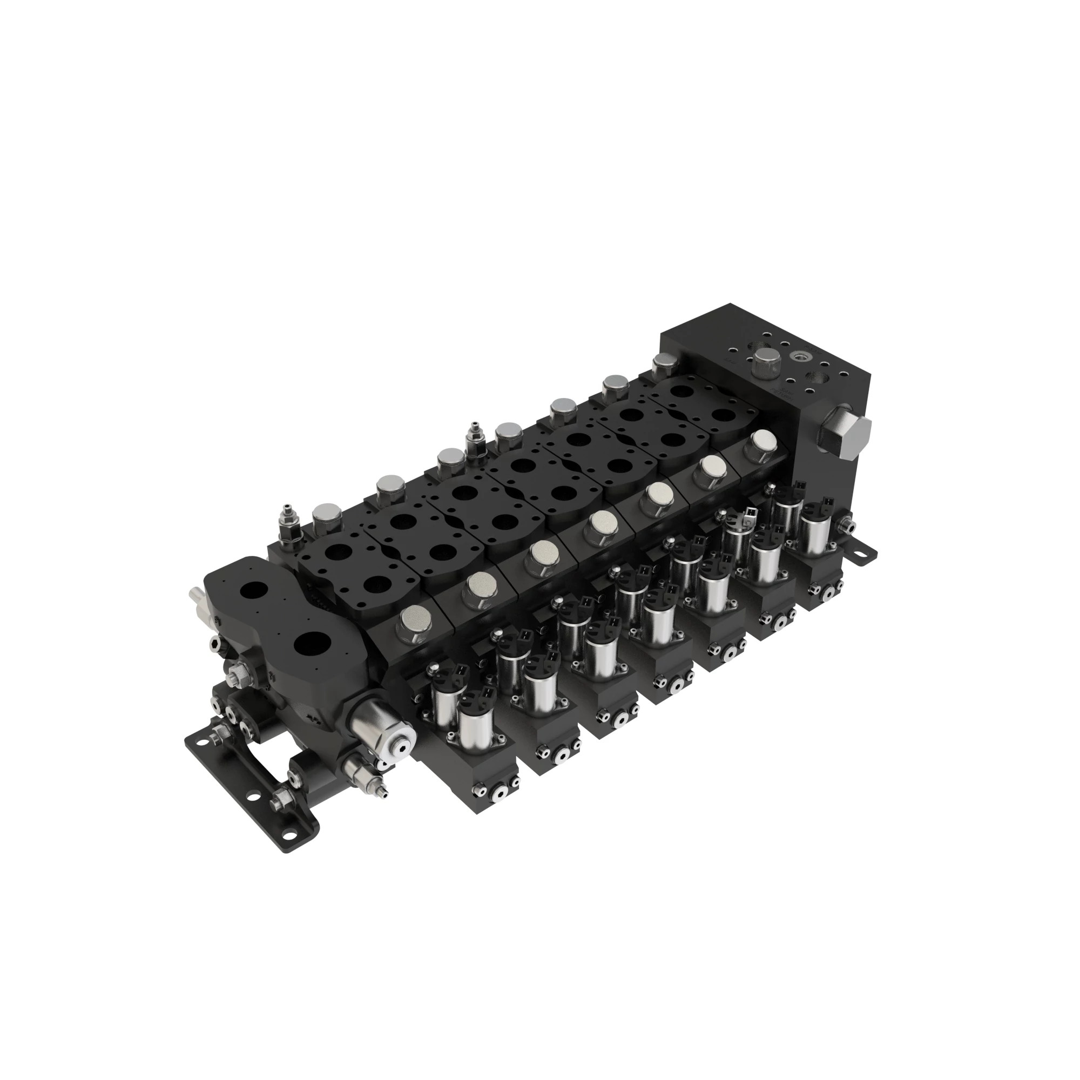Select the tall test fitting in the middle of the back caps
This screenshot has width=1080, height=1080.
[x=476, y=436]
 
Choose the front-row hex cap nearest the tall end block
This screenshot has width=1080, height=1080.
[x=762, y=442]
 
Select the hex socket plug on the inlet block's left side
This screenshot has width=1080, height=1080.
[x=217, y=647]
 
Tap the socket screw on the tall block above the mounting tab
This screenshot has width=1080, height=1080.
[x=848, y=525]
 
